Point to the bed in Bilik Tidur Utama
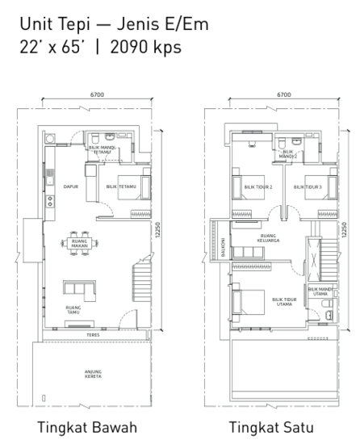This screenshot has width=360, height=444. [246, 303]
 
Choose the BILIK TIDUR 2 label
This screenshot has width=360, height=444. [258, 186]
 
